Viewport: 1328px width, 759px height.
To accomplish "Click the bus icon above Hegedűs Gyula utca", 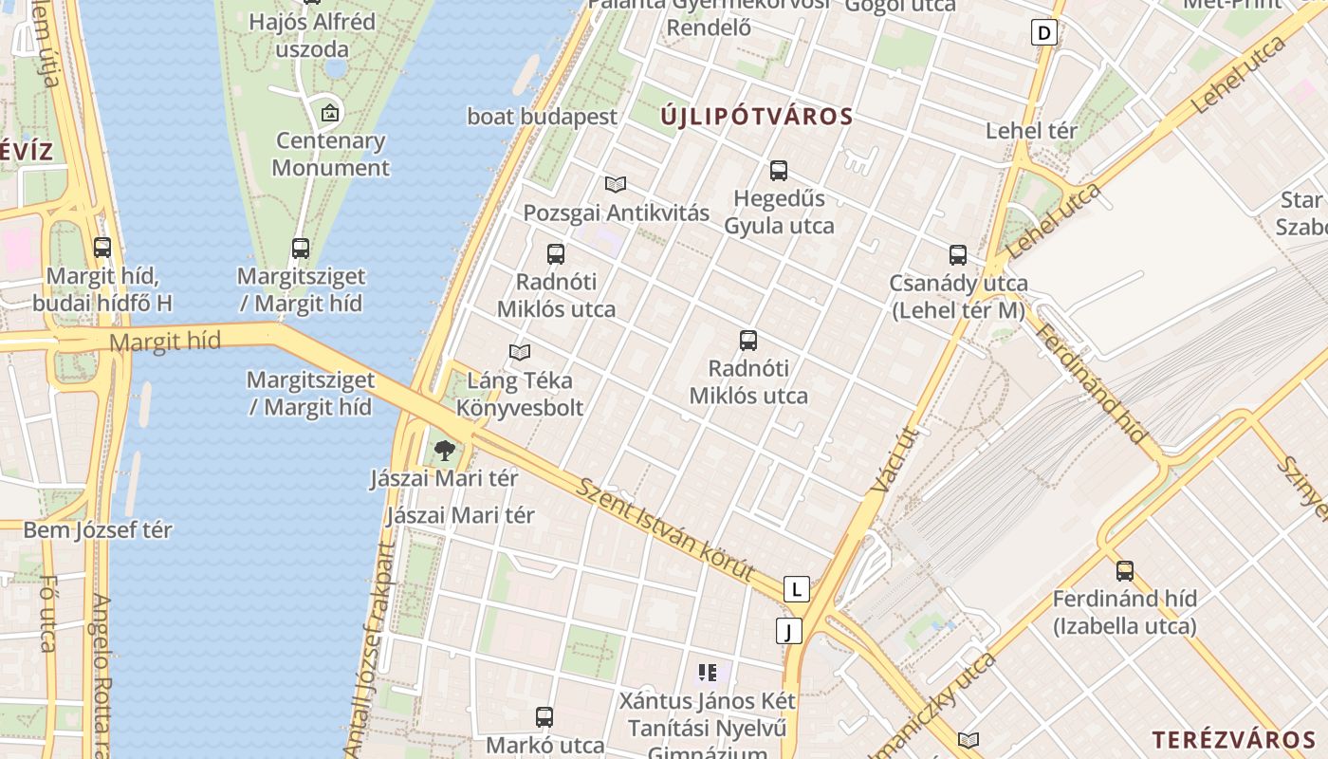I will coord(779,171).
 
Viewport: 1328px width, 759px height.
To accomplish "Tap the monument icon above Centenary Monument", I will coord(329,113).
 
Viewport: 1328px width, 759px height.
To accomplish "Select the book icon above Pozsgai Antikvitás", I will coord(616,184).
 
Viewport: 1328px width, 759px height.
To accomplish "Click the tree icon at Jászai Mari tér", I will coord(445,451).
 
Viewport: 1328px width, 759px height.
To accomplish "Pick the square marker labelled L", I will coord(797,590).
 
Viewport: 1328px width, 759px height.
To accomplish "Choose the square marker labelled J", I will coord(788,631).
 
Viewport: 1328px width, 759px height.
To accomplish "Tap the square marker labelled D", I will coord(1044,33).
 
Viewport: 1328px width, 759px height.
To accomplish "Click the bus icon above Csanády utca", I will coord(958,254).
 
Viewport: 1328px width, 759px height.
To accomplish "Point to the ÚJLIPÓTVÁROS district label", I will coord(756,118).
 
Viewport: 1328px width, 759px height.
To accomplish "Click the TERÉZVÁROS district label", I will coord(1234,740).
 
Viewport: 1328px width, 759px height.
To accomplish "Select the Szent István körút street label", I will coord(665,529).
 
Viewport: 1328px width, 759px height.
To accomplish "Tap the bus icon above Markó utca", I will coord(544,717).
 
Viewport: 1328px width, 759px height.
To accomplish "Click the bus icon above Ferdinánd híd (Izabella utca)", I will coord(1125,570).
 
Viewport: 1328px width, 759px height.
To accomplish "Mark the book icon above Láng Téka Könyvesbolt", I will coord(519,353).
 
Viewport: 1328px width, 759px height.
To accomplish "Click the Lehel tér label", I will coord(1031,131).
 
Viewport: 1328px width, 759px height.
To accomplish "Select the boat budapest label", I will coord(542,117).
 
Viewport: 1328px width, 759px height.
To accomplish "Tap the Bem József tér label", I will coord(98,530).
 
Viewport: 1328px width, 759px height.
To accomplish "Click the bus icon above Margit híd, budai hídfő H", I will coord(102,248).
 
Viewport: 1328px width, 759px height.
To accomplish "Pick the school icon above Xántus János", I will coord(707,674).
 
